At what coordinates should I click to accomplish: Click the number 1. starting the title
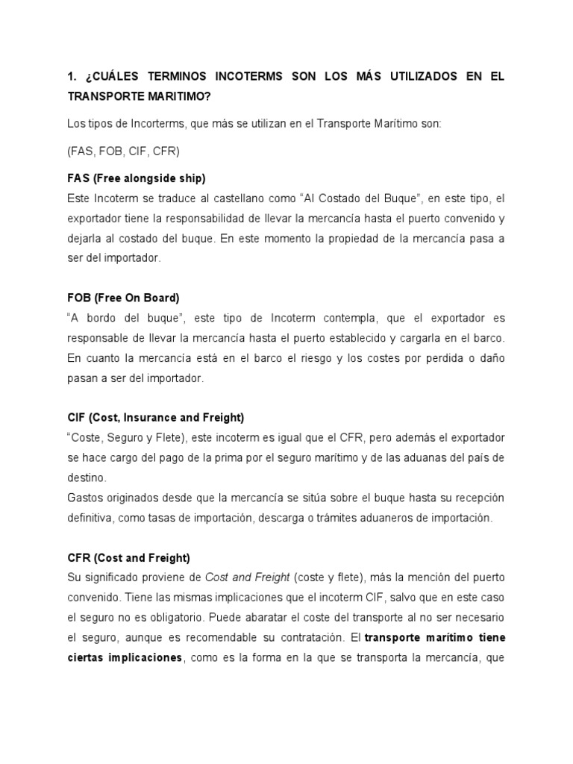click(x=72, y=78)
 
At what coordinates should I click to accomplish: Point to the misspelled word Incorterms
click(x=137, y=125)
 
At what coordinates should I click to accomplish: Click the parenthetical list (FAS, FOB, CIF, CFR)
click(x=123, y=150)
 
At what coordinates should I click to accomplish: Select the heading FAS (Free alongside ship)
click(x=136, y=178)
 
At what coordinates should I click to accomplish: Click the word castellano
click(x=234, y=199)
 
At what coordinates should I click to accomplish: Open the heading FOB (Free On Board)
click(x=123, y=298)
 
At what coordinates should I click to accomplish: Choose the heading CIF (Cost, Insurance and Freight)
click(x=155, y=417)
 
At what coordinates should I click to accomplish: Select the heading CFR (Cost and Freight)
click(x=128, y=557)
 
